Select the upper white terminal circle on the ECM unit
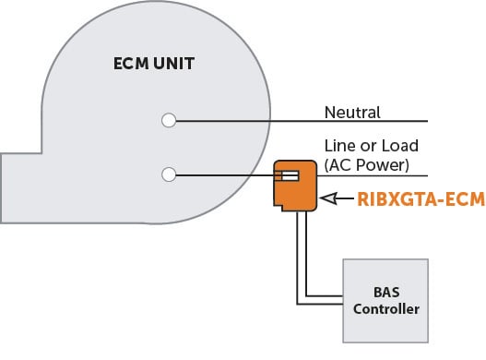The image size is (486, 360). (168, 120)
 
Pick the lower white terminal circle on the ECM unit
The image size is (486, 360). (168, 174)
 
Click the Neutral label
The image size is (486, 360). (352, 113)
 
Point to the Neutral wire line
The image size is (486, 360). (369, 121)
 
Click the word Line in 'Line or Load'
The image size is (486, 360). (338, 146)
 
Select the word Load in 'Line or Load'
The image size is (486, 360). (398, 146)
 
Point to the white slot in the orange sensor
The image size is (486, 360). (288, 174)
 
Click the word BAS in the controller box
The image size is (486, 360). (385, 291)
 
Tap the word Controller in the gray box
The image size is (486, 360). (385, 308)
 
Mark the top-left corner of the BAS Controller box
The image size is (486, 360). (344, 259)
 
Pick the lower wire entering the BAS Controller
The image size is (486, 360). (319, 304)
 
